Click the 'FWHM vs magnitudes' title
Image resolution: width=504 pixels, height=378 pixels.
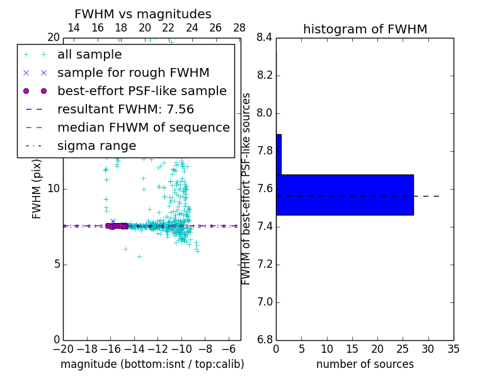tap(143, 14)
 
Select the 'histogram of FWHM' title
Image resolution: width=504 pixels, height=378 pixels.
tap(365, 29)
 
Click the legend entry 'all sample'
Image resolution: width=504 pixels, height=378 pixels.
tap(89, 55)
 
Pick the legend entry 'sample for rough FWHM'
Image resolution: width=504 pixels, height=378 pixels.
tap(133, 73)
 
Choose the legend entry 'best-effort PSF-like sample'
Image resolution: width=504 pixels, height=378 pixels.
tap(142, 91)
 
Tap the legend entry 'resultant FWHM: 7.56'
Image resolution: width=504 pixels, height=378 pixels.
tap(125, 110)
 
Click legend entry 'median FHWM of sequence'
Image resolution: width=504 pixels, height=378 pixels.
tap(143, 128)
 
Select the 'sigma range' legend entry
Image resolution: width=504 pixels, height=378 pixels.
tap(96, 146)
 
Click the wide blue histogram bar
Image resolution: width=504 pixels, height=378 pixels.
tap(345, 195)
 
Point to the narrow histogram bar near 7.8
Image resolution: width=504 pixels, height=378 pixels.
tap(278, 154)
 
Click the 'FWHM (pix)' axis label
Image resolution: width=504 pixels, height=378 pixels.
tap(37, 188)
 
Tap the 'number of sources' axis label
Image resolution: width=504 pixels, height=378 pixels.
tap(365, 364)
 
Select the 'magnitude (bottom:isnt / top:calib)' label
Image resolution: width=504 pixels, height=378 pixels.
tap(152, 364)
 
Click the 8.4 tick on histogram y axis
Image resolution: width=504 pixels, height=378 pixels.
tap(265, 38)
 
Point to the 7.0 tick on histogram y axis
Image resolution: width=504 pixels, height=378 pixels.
tap(265, 302)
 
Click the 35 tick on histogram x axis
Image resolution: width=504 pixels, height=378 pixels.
tap(454, 348)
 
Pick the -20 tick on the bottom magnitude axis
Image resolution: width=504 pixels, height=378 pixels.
tap(63, 348)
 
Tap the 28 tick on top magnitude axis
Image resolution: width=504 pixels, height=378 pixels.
tap(239, 28)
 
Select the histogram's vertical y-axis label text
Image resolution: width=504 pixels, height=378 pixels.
tap(246, 188)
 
